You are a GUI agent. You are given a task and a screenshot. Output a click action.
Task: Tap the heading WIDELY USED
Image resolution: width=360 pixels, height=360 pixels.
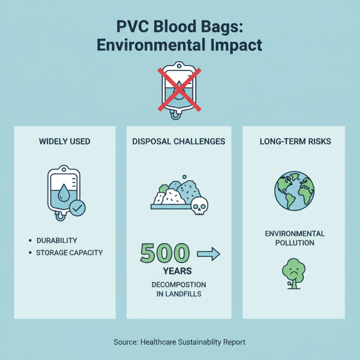pyautogui.click(x=65, y=141)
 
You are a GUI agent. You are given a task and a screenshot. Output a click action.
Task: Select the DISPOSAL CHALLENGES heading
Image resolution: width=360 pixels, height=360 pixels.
pyautogui.click(x=179, y=141)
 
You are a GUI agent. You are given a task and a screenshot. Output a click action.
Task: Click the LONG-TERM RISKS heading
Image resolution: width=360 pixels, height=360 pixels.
pyautogui.click(x=295, y=141)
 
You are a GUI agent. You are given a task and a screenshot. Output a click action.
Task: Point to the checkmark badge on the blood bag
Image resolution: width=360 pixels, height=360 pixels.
pyautogui.click(x=77, y=207)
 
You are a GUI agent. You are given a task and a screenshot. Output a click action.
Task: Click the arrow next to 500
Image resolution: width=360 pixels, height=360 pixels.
pyautogui.click(x=208, y=255)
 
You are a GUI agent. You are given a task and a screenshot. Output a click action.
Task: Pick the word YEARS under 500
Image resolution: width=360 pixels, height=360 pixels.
pyautogui.click(x=178, y=271)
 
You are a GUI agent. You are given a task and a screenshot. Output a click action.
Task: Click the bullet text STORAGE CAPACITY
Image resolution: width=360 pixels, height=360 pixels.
pyautogui.click(x=69, y=252)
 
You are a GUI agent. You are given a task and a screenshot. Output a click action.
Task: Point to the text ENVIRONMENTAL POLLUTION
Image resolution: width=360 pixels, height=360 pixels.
pyautogui.click(x=295, y=238)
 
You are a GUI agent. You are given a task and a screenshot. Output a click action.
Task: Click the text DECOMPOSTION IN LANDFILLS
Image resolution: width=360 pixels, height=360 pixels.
pyautogui.click(x=179, y=289)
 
